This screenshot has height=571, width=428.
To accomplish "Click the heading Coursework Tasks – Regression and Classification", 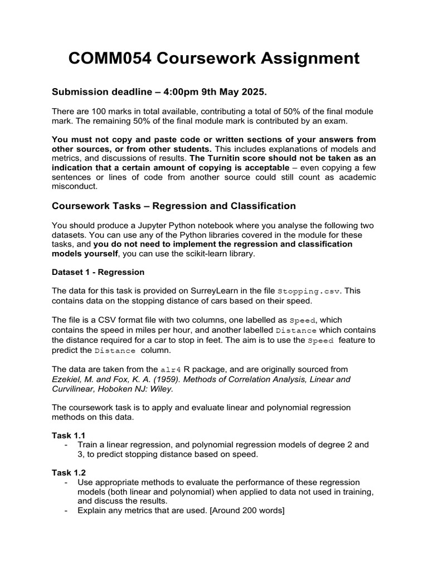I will [x=173, y=206].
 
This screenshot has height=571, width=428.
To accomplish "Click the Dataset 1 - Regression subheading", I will [x=98, y=272].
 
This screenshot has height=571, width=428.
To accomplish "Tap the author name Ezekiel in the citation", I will [x=66, y=379].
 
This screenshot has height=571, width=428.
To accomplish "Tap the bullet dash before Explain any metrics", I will [x=67, y=510].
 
